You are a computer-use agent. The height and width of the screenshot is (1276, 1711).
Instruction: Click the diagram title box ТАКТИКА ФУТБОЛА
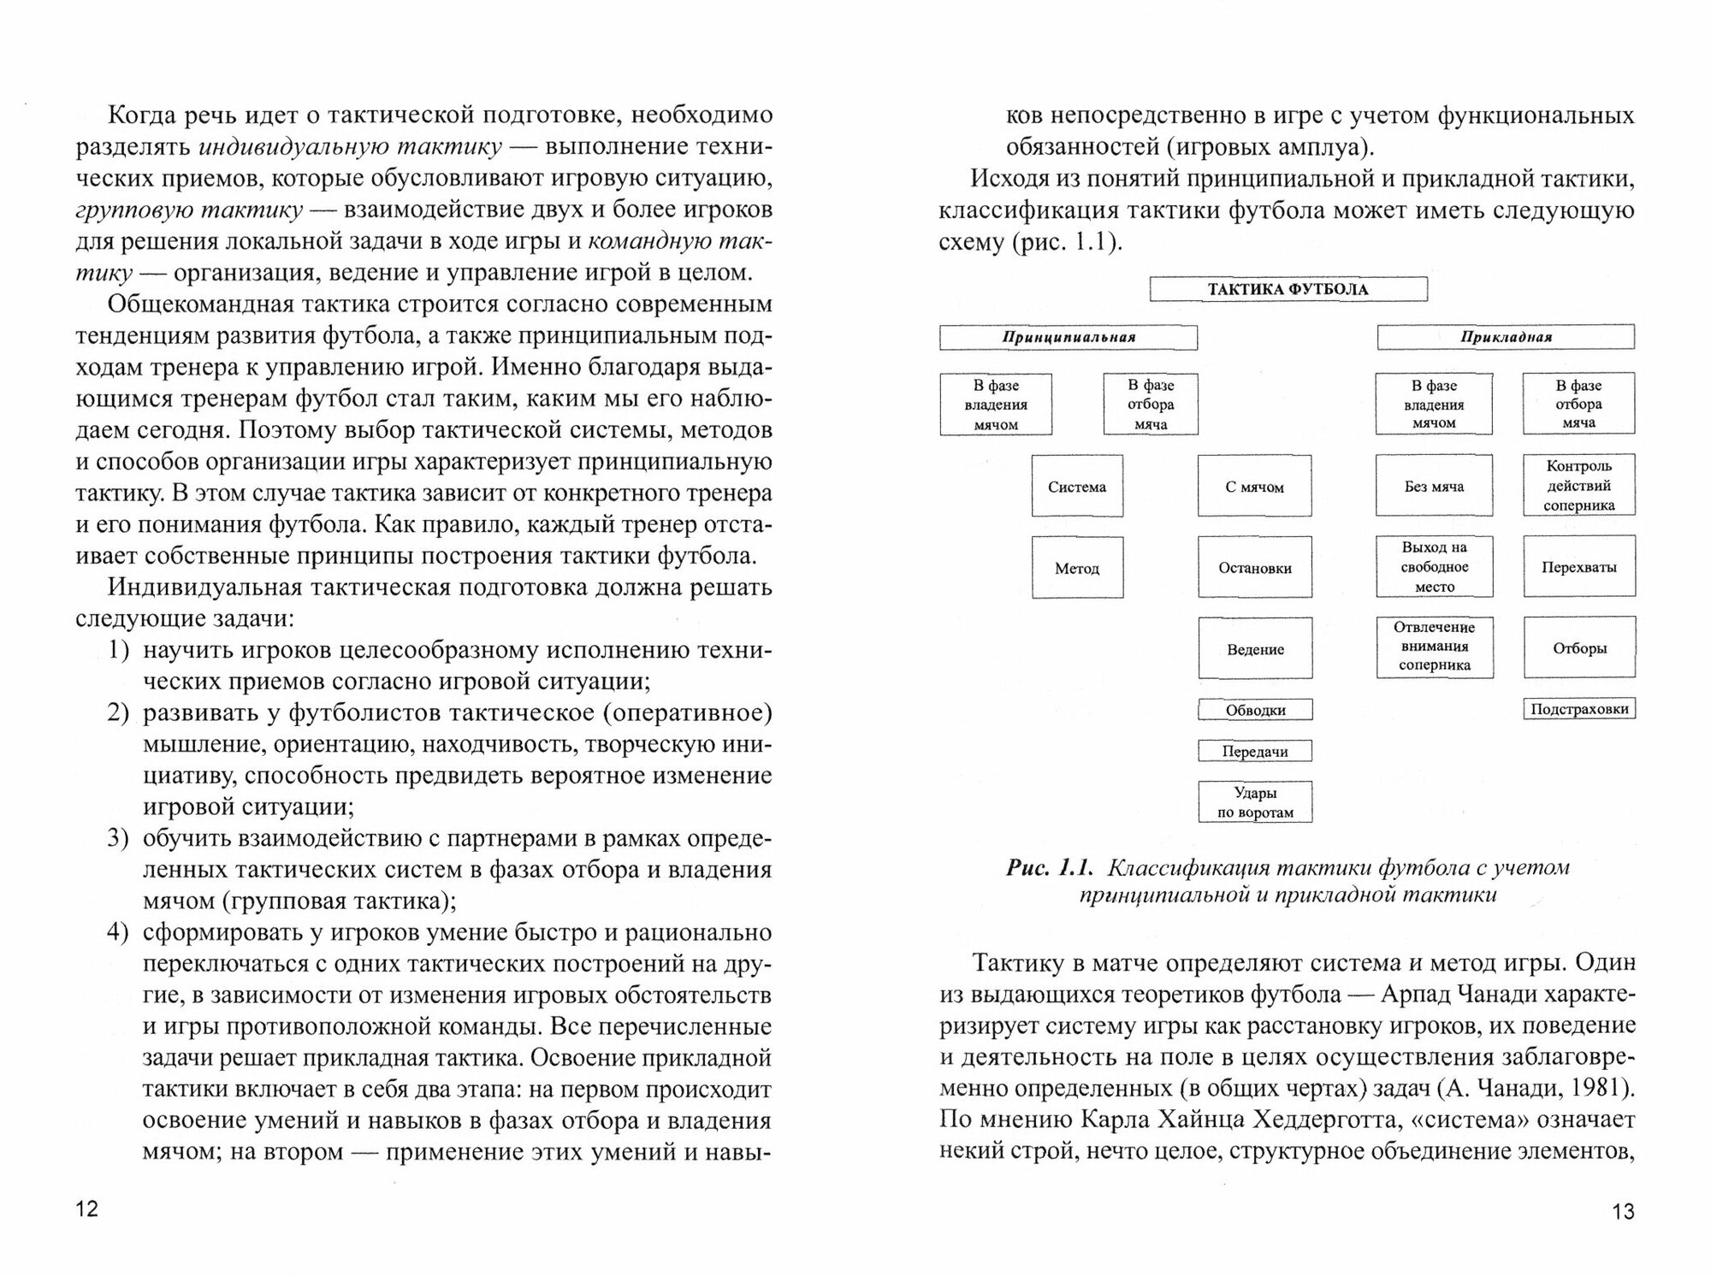(1288, 289)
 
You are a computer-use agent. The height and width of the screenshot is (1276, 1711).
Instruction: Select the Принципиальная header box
(1069, 337)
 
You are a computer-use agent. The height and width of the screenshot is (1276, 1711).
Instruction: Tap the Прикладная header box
(1506, 337)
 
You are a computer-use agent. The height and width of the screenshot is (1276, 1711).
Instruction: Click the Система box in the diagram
(1077, 487)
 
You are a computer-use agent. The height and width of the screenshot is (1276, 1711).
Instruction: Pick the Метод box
(1077, 568)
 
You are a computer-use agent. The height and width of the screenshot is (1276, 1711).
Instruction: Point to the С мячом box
(1254, 487)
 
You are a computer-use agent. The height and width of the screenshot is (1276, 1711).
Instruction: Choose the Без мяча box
(1434, 486)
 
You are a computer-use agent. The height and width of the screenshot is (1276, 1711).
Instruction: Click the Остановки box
(1254, 568)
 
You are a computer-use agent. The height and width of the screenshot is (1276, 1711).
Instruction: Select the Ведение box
(1254, 649)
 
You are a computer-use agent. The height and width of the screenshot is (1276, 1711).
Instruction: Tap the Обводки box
(1255, 710)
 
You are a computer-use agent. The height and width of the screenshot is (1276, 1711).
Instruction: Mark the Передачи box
(1255, 752)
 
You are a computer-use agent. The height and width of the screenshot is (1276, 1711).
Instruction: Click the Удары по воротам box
(1255, 802)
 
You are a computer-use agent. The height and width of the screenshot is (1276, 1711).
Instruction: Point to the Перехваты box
(1578, 567)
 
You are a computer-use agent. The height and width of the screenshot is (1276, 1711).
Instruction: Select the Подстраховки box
(1578, 709)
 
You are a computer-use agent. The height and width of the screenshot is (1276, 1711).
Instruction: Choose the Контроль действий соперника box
(1578, 486)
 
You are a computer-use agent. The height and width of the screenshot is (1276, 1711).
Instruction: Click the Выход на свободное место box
(1434, 567)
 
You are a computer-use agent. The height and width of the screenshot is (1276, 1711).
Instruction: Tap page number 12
(87, 1209)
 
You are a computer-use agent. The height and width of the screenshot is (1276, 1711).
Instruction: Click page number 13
(1623, 1211)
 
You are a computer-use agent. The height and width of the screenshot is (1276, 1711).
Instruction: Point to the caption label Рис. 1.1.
(1050, 868)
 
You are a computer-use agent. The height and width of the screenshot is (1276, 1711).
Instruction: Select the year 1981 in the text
(1596, 1088)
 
